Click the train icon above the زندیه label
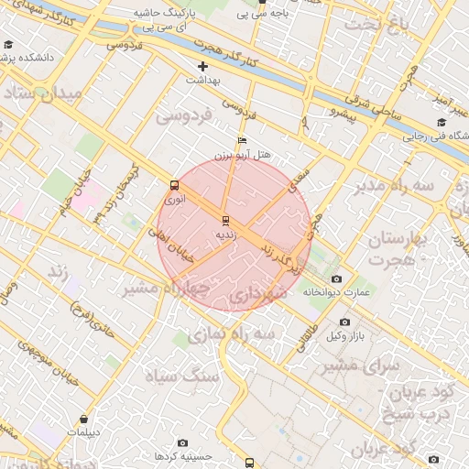coord(225,221)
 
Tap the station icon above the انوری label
coord(174,185)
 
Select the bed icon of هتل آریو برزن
coord(242,140)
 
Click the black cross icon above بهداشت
coord(202,66)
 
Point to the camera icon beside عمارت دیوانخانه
coord(336,278)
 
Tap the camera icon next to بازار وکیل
coord(344,322)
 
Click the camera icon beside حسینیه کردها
coord(183,443)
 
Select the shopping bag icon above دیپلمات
coord(84,419)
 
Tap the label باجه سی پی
coord(259,14)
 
